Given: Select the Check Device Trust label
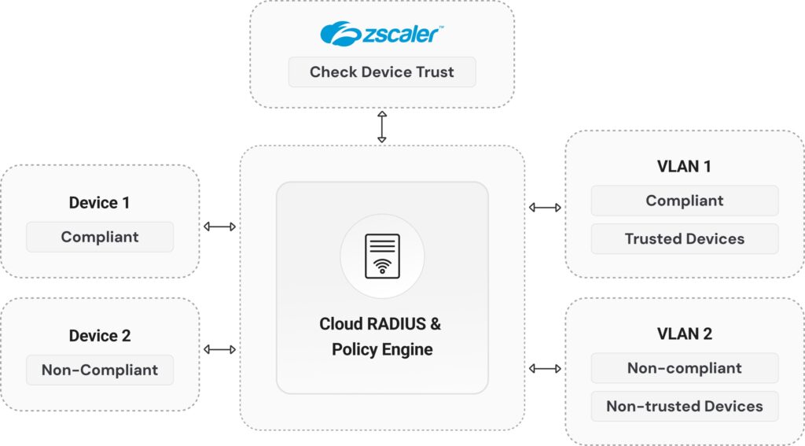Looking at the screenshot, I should pos(382,72).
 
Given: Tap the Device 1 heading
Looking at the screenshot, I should pos(99,203).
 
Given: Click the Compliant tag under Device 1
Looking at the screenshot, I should pos(100,237).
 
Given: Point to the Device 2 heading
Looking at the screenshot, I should pos(99,336).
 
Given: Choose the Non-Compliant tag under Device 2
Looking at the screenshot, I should pos(100,370).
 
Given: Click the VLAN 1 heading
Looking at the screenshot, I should pos(684,167).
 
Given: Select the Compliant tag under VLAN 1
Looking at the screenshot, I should pos(684,201).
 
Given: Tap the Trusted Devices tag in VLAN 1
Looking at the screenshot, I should pos(684,238).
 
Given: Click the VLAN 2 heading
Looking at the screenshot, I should pos(684,334).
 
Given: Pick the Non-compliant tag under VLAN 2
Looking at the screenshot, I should pos(684,368).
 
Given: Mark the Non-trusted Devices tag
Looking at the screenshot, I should pos(684,406).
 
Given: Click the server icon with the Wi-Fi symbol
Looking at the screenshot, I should pos(382,256).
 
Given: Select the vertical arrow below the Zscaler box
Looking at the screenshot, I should pos(382,127).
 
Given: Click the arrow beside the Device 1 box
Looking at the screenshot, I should pos(219,227).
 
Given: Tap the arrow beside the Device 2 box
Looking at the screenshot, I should pos(219,349).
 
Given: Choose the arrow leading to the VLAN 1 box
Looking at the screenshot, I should pos(545,208).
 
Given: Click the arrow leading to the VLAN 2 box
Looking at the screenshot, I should pos(545,368).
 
